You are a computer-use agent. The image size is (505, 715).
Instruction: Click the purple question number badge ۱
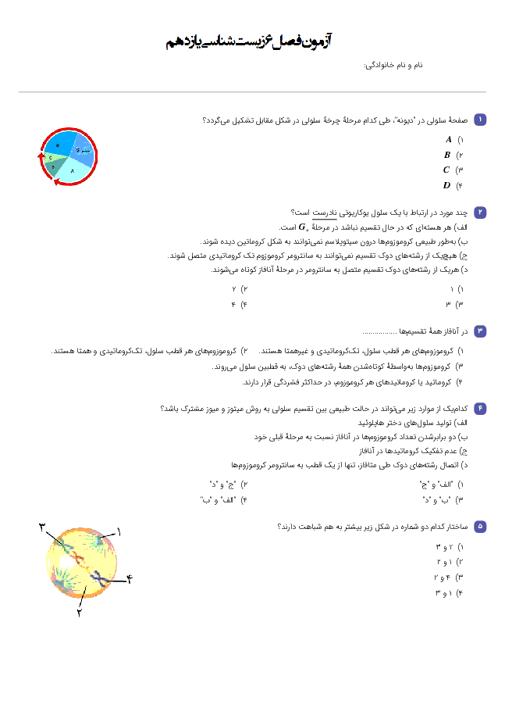pos(480,120)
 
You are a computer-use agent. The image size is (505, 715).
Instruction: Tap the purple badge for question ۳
pos(480,331)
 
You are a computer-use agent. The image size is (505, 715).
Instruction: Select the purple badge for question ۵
pos(480,527)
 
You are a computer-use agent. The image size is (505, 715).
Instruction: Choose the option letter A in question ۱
pos(449,140)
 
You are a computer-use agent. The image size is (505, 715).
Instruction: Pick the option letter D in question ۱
pos(446,185)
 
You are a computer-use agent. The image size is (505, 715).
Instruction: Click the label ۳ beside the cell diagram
pos(43,527)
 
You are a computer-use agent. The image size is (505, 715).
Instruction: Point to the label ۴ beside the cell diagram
pos(130,579)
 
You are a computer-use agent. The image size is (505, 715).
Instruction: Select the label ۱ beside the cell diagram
pos(119,531)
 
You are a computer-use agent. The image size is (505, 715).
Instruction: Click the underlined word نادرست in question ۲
pos(324,213)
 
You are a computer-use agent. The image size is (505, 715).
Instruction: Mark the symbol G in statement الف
pos(302,227)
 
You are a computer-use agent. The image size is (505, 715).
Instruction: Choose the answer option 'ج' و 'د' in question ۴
pos(223,484)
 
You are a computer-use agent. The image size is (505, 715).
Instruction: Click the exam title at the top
pos(249,41)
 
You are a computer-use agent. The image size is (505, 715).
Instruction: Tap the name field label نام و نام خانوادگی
pos(393,65)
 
